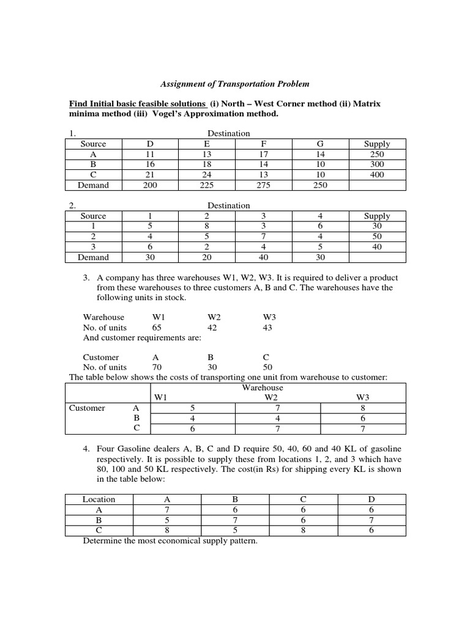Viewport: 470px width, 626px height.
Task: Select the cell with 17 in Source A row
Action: tap(264, 154)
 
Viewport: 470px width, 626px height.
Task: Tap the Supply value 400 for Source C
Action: tap(376, 175)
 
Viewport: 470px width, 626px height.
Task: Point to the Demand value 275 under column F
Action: tap(264, 185)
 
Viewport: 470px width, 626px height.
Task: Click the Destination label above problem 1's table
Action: tap(228, 133)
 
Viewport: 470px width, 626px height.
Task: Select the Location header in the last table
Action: tap(99, 499)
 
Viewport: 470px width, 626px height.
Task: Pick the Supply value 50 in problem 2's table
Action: tap(376, 237)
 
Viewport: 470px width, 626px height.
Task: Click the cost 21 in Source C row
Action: tap(150, 175)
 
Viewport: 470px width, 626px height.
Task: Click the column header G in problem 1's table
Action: tap(321, 144)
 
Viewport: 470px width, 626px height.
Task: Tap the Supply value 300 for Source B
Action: tap(376, 164)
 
